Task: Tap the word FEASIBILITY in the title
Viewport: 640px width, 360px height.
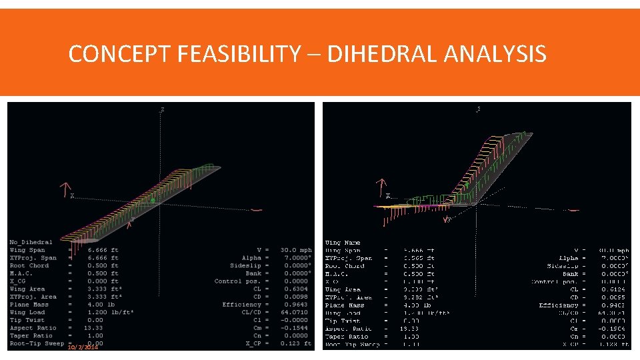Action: (x=239, y=53)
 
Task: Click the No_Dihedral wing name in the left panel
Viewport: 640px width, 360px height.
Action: (x=31, y=242)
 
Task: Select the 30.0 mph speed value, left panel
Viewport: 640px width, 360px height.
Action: (x=296, y=250)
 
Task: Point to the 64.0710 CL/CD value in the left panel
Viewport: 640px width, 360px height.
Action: (x=295, y=312)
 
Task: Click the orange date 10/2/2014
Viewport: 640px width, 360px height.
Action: (x=83, y=347)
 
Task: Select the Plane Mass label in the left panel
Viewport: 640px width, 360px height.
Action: (x=29, y=305)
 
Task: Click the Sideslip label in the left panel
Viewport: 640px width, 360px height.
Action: (x=245, y=265)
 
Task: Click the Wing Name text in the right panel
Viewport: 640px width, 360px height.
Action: (x=343, y=243)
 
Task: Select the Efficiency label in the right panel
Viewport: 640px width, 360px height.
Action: (x=559, y=305)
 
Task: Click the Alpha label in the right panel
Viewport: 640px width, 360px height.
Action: (x=571, y=258)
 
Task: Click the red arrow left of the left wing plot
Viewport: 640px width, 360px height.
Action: (x=65, y=189)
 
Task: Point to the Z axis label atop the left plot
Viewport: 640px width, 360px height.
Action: (x=163, y=109)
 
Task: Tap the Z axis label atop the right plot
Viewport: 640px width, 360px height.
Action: (x=479, y=109)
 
